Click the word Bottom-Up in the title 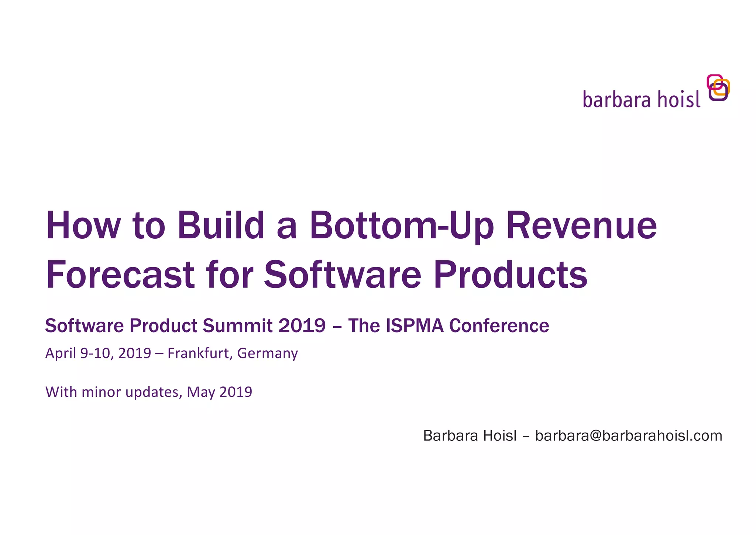click(402, 226)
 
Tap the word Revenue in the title click(581, 226)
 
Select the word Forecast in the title click(120, 275)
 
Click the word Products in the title click(510, 275)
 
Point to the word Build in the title click(221, 226)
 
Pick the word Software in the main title click(343, 275)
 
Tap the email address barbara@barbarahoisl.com click(628, 436)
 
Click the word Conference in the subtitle click(499, 326)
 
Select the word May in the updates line click(201, 392)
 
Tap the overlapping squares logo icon click(718, 88)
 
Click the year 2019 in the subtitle click(302, 326)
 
